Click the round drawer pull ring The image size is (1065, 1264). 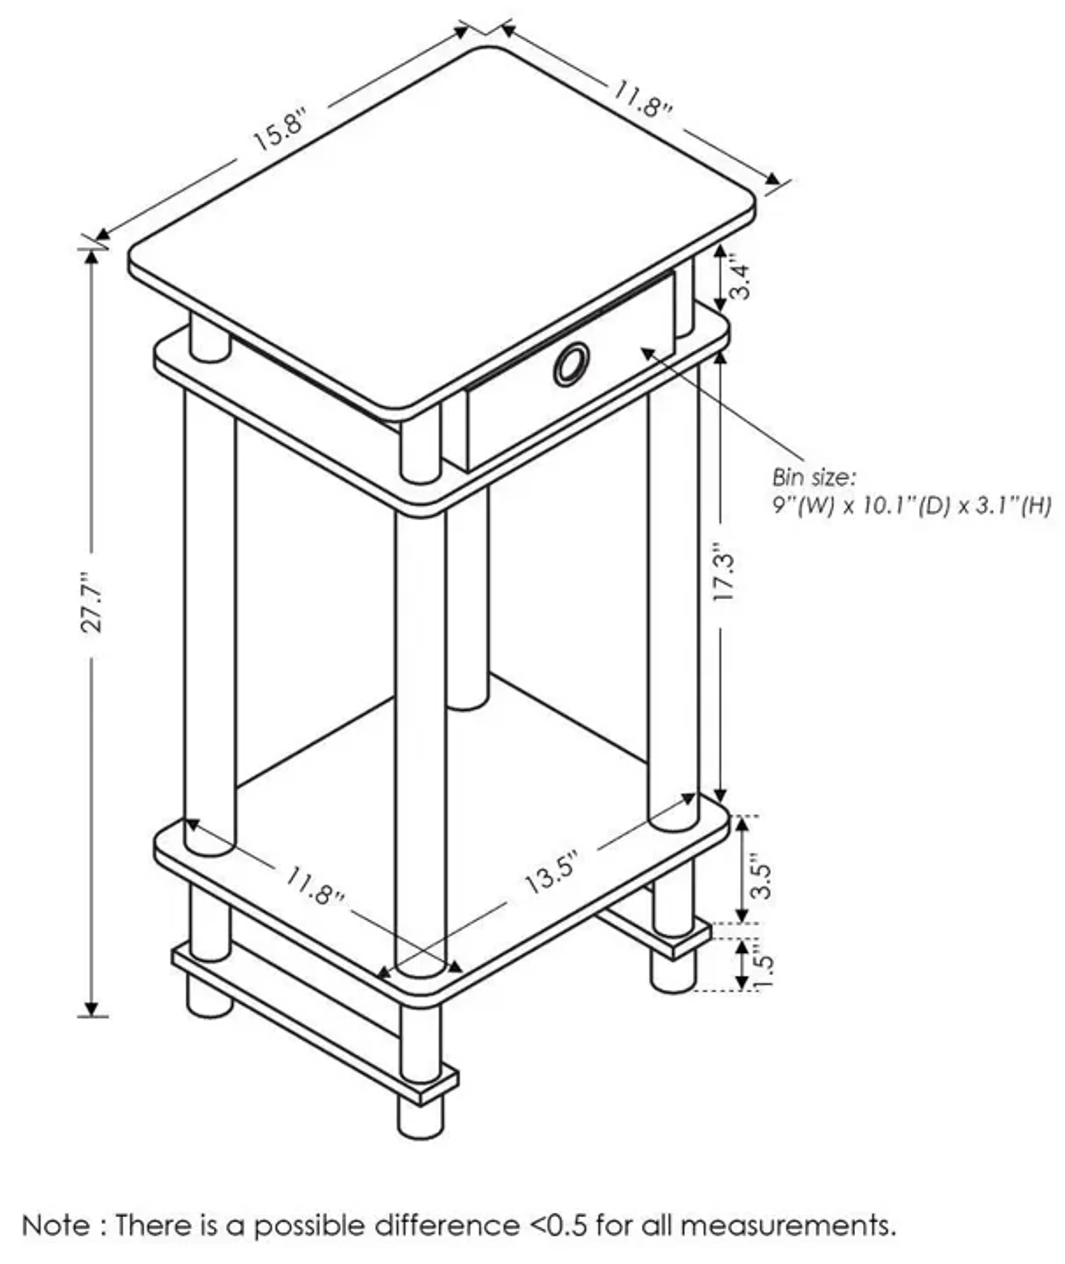(x=570, y=364)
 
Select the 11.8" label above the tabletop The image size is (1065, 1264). (x=642, y=101)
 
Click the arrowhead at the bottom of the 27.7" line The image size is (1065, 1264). (x=92, y=1008)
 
